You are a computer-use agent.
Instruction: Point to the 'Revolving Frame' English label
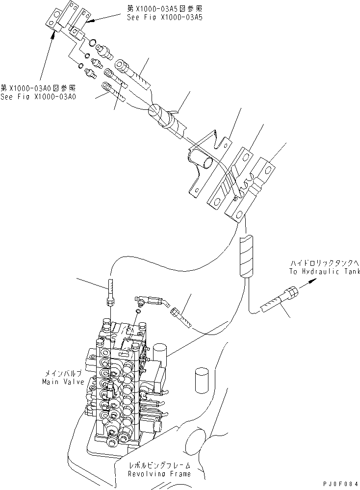coord(159,474)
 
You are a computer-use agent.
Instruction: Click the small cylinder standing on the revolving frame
coord(203,378)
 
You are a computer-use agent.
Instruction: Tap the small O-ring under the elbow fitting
coord(138,310)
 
